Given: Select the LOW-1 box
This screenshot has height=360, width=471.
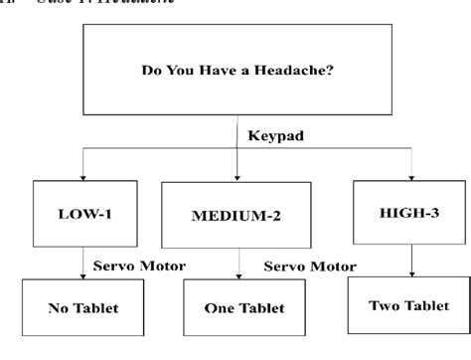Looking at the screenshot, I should [x=82, y=213].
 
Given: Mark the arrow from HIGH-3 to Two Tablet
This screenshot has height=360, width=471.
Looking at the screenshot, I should [x=409, y=255].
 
